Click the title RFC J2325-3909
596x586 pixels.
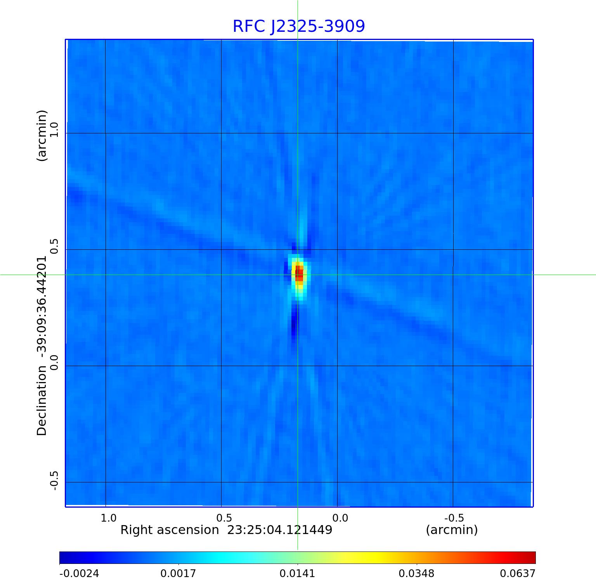299,26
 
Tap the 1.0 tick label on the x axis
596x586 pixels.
108,518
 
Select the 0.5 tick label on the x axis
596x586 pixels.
224,518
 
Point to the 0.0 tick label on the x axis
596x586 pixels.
340,518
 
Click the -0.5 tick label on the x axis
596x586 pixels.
454,518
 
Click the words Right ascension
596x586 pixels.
170,530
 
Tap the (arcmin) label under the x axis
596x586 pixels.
452,530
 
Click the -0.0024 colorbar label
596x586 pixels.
79,573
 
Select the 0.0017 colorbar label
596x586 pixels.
178,573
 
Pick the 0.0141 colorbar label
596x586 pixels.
298,573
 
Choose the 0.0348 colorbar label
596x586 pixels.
417,573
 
